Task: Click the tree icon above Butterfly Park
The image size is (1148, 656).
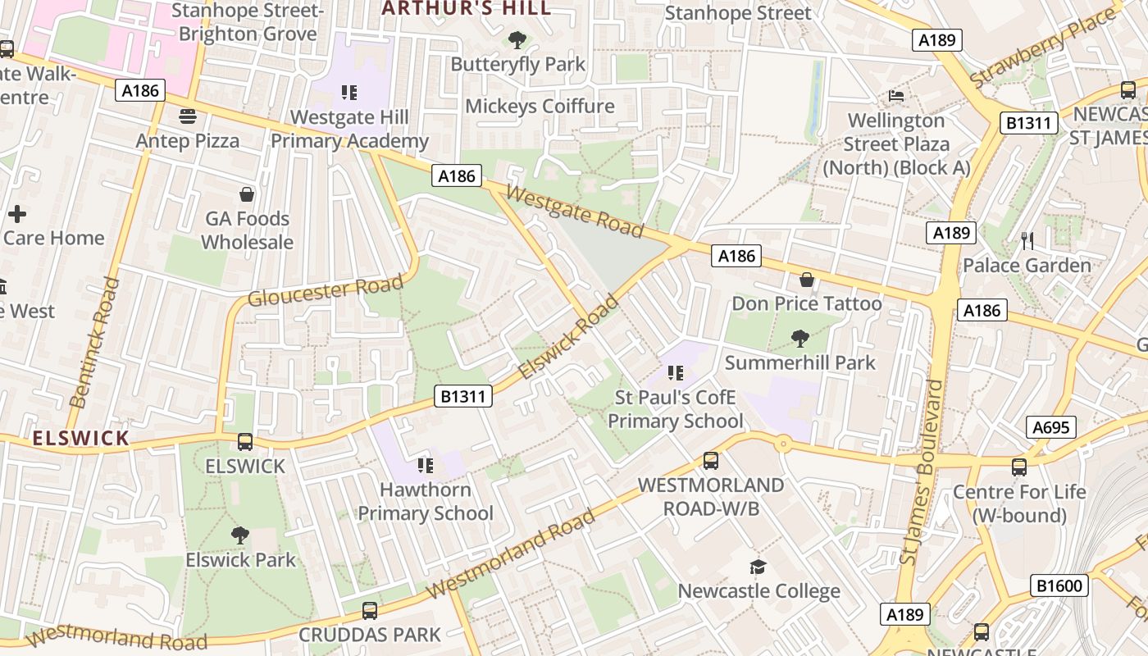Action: pos(517,39)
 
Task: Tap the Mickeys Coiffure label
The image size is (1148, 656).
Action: pos(540,106)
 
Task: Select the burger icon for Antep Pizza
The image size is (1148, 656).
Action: pos(188,116)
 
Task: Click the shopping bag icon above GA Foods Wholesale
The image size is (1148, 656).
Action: pos(246,194)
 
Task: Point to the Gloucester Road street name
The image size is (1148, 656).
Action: pos(326,291)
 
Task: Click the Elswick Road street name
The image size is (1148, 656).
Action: pos(568,338)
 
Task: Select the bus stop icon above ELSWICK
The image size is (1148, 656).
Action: pos(244,442)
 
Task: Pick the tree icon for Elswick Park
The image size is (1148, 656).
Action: pos(239,535)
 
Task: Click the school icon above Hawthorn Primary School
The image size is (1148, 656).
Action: pos(425,466)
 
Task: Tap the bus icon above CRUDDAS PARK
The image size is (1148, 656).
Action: pos(370,610)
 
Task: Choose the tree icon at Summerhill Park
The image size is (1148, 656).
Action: pos(799,338)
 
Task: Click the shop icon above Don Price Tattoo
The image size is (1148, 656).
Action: pos(807,280)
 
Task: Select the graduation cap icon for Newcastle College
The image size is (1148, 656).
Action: pos(758,567)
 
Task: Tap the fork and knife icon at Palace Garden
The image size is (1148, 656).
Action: pos(1027,241)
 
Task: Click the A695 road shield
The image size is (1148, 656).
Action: pos(1050,427)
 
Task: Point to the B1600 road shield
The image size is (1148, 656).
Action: pos(1059,585)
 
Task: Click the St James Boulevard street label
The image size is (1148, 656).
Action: pos(922,471)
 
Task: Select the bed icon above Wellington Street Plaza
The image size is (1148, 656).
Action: pos(896,96)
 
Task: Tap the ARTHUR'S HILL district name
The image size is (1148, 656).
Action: pos(467,8)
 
